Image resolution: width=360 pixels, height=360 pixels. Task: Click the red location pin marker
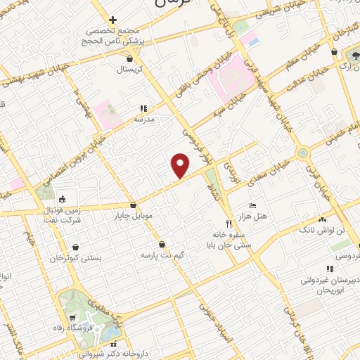[181, 166]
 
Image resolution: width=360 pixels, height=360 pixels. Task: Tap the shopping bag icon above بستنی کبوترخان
[75, 247]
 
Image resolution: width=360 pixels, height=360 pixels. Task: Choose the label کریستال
[129, 70]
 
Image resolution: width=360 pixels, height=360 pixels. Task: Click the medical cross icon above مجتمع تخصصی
[112, 20]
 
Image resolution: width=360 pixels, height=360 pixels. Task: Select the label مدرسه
[149, 119]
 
